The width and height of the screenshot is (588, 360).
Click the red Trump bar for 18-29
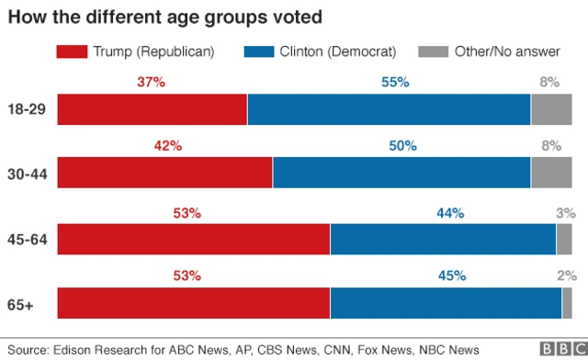pos(153,109)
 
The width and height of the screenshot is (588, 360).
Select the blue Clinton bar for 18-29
pos(389,109)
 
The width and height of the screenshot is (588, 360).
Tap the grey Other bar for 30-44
pos(551,173)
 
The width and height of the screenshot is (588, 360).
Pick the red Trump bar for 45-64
pos(194,239)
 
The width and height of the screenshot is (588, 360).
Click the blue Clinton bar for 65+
pos(446,303)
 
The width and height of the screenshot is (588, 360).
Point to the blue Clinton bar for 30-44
pos(401,173)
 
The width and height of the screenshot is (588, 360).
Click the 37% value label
pos(151,83)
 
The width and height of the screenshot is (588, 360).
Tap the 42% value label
pos(168,146)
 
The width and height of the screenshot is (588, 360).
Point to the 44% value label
pos(450,213)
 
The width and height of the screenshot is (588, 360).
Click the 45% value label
pos(452,276)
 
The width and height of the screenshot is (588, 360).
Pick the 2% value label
pos(565,276)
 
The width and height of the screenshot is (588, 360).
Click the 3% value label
pos(565,213)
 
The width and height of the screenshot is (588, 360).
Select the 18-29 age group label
pos(27,109)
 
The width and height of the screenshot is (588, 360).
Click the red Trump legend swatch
pos(73,51)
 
